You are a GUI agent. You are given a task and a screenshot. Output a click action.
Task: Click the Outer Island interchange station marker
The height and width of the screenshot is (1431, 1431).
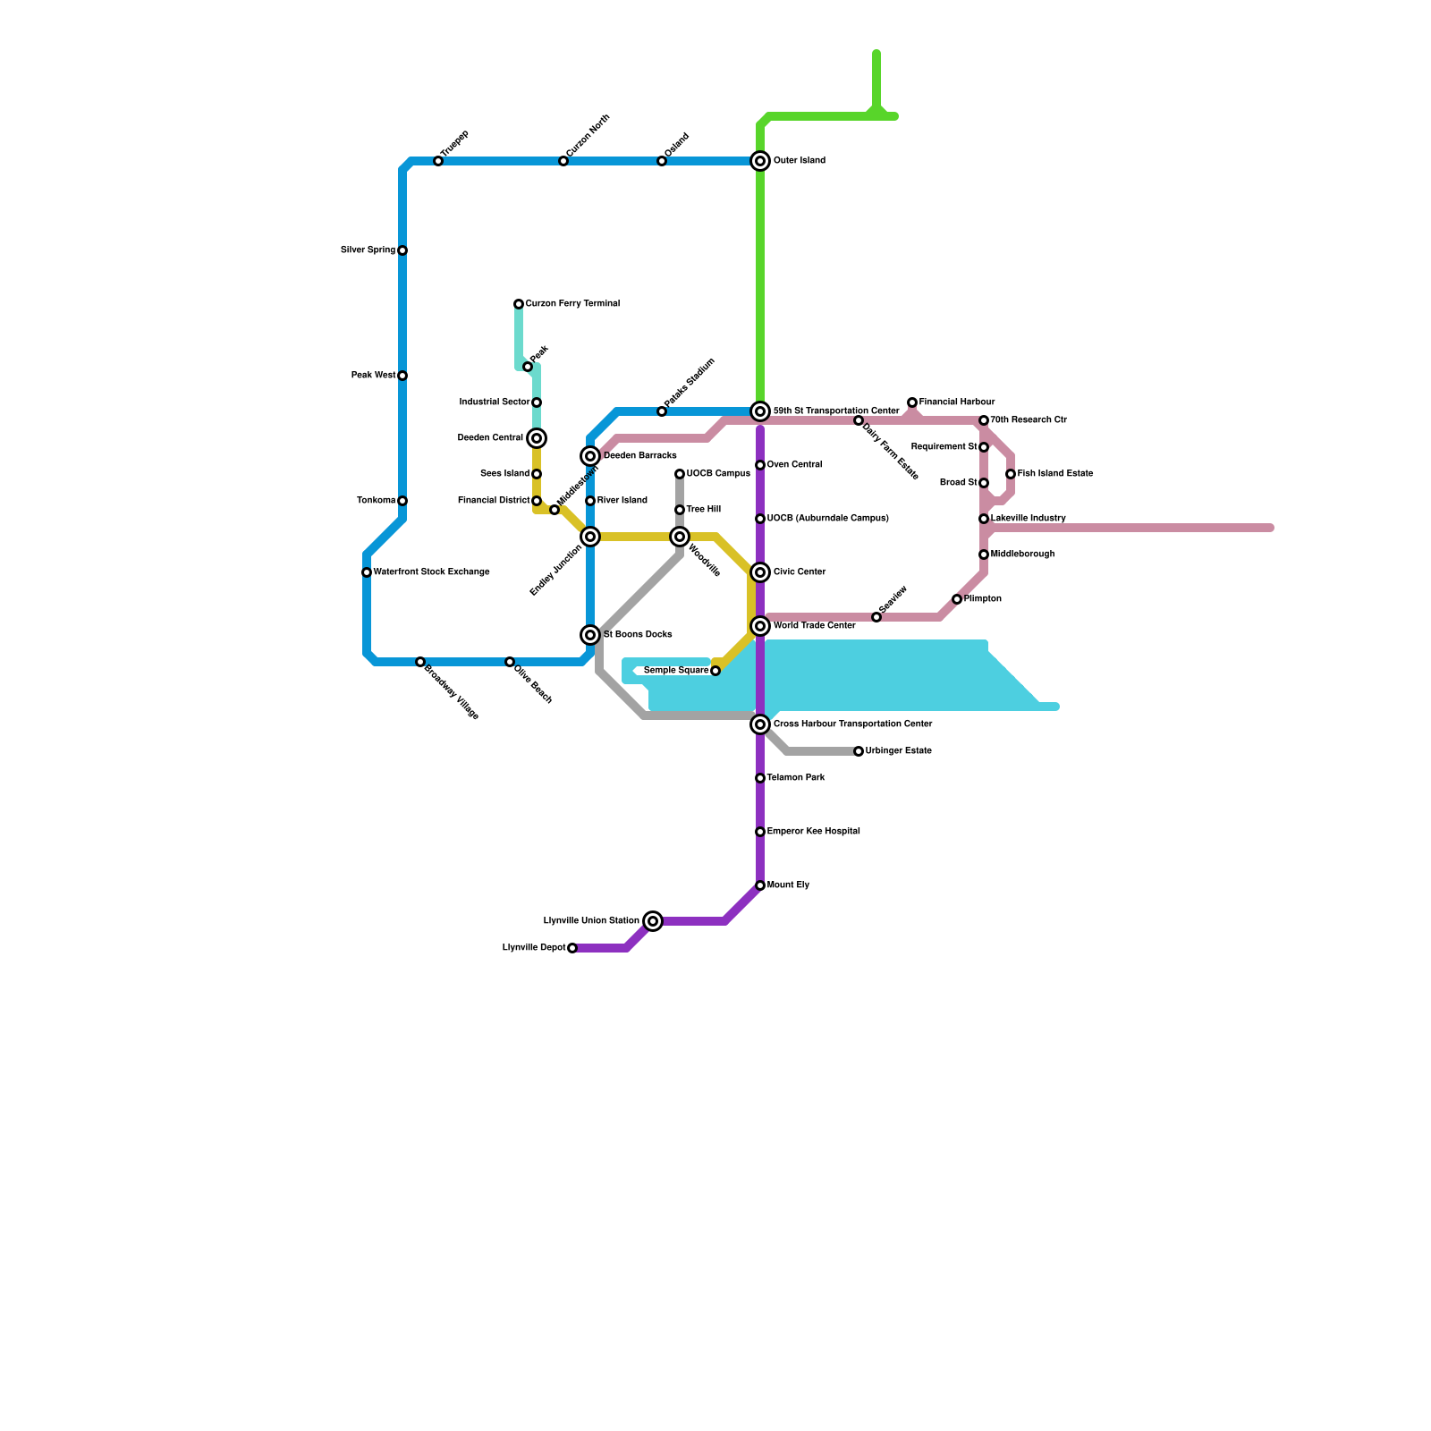coord(760,161)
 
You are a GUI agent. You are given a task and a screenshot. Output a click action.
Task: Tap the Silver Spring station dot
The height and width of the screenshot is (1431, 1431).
coord(402,250)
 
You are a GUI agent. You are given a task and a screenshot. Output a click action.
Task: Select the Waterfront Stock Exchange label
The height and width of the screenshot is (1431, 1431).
coord(431,572)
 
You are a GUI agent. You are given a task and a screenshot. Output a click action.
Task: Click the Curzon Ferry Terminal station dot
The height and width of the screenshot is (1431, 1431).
coord(519,304)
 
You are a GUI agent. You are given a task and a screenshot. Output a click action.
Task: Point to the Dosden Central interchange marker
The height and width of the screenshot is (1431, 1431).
coord(537,438)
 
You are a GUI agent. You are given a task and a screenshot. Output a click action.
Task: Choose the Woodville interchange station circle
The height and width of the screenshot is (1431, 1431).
coord(680,537)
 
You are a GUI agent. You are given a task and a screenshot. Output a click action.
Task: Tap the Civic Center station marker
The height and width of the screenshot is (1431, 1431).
coord(760,572)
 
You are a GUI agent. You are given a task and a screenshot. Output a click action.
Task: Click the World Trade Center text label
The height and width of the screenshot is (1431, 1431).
coord(814,626)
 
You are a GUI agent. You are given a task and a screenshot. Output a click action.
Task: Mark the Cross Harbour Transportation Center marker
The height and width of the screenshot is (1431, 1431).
coord(760,724)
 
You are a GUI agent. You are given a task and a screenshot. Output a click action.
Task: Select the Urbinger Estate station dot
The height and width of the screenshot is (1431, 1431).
coord(859,751)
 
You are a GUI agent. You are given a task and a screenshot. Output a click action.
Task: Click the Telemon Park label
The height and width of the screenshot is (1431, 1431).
coord(796,778)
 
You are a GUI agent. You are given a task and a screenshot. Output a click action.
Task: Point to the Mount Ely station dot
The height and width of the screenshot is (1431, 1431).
coord(760,885)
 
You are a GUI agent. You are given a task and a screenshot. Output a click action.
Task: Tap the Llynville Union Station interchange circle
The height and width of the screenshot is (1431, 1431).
coord(654,921)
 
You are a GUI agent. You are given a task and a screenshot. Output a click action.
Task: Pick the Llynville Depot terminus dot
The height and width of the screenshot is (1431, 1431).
coord(572,948)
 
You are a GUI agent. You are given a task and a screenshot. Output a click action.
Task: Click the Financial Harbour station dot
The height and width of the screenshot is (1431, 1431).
coord(912,402)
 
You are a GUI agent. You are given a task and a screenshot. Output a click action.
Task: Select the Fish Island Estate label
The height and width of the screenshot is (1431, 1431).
coord(1055,474)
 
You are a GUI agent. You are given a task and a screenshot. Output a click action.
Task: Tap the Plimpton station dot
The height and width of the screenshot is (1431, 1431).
coord(957,599)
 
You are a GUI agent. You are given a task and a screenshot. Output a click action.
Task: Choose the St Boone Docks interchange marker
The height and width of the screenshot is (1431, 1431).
coord(590,635)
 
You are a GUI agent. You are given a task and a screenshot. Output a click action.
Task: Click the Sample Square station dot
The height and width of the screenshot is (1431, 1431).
coord(715,671)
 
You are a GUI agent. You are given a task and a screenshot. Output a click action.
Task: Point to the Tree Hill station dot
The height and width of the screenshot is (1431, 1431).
coord(680,510)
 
